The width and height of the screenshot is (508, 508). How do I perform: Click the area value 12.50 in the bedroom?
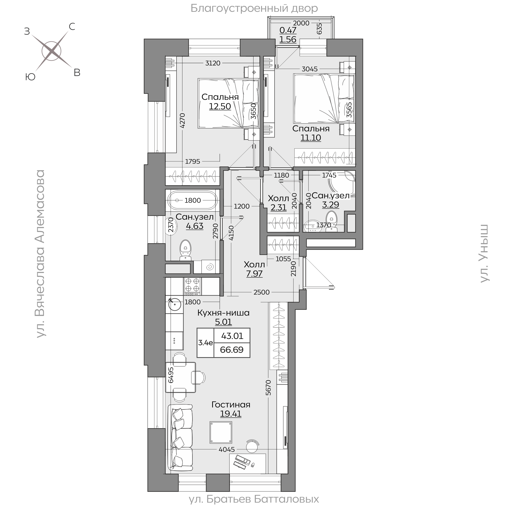[x=220, y=106]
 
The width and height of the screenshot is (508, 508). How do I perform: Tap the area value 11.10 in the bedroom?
[x=311, y=138]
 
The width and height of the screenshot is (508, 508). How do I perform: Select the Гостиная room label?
[x=231, y=404]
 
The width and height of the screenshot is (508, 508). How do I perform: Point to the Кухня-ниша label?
[x=223, y=313]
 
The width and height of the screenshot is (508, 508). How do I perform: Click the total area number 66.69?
[x=232, y=350]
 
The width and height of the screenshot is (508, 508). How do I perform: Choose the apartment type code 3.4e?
[x=206, y=343]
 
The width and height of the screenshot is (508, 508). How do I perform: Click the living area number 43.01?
[x=232, y=336]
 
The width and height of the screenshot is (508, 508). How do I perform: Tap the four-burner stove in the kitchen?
[x=192, y=286]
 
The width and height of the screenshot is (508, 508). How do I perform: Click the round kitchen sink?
[x=174, y=305]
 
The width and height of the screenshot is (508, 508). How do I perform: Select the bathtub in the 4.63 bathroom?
[x=192, y=200]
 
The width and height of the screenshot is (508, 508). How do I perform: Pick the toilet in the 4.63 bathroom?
[x=186, y=250]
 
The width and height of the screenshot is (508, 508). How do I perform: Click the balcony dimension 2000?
[x=301, y=23]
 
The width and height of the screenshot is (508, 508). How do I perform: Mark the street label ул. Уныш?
[x=484, y=253]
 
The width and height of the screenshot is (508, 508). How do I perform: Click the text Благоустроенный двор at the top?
[x=254, y=8]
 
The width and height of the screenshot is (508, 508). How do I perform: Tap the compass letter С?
[x=72, y=27]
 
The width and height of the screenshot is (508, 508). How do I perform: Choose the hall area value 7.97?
[x=254, y=274]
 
